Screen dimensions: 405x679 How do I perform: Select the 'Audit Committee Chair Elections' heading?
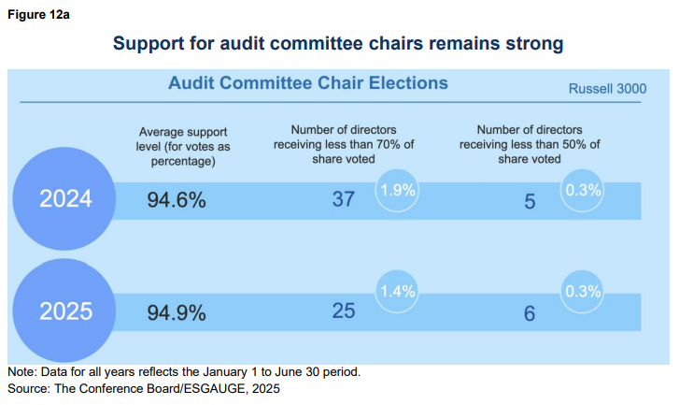coord(308,83)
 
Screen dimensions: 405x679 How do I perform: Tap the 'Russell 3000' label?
coord(606,90)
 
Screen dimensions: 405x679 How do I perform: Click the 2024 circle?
coord(65,199)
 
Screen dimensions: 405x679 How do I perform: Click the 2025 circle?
coord(65,311)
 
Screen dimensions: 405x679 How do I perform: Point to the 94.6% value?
coord(177,200)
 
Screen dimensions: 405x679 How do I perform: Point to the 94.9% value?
coord(177,312)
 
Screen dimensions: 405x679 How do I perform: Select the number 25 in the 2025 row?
coord(344,311)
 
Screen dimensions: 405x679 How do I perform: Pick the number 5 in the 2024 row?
coord(530,201)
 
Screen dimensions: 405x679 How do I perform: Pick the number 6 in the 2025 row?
coord(530,313)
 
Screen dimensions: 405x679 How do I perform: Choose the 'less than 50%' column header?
coord(530,144)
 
